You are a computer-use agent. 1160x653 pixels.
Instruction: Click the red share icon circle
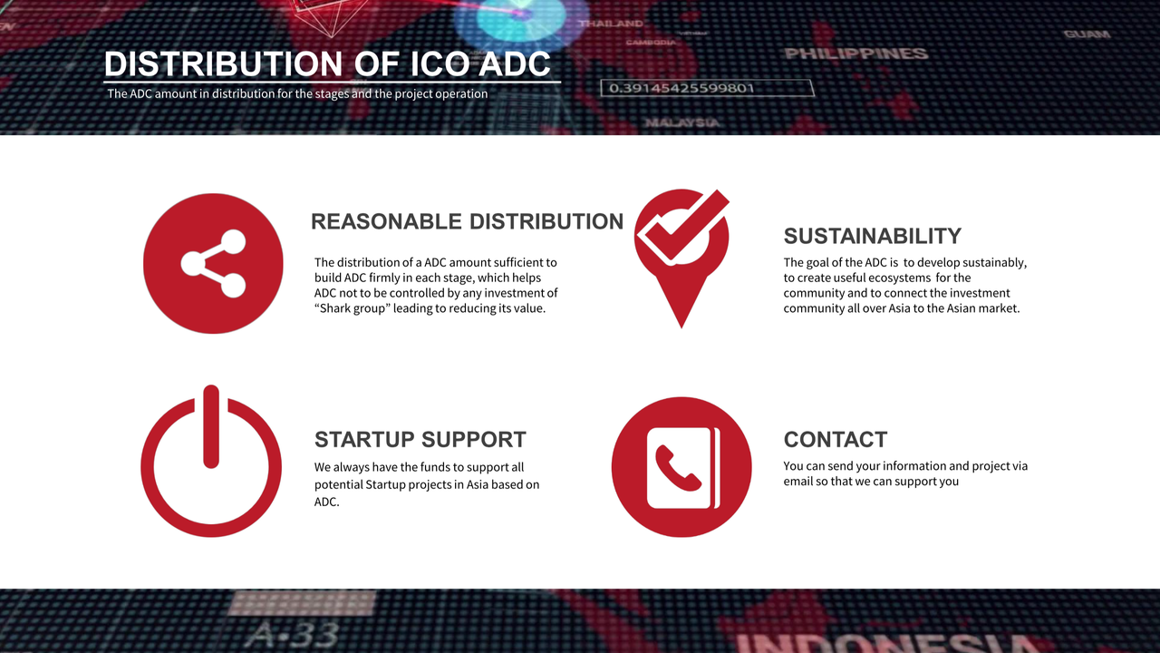[x=213, y=263]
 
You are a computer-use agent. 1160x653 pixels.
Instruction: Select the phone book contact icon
[x=681, y=467]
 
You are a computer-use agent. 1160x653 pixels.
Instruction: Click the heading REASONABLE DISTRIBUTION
[x=467, y=221]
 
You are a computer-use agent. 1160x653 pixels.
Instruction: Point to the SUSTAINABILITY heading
[x=873, y=237]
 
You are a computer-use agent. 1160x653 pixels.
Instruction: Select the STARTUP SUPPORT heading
[x=420, y=440]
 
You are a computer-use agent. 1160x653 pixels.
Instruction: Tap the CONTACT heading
[x=836, y=440]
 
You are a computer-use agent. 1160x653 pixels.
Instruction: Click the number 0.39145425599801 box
[x=708, y=88]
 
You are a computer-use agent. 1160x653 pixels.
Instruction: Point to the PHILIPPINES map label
[x=856, y=54]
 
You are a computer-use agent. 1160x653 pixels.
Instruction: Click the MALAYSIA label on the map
[x=682, y=122]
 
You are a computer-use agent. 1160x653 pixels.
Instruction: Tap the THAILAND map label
[x=611, y=24]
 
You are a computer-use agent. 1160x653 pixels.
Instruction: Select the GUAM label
[x=1087, y=34]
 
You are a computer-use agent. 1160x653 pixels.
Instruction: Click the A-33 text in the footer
[x=293, y=634]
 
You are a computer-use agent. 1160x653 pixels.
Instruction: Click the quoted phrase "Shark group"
[x=353, y=309]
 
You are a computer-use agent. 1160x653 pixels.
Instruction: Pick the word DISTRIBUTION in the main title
[x=223, y=63]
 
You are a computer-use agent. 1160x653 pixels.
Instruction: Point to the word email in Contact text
[x=798, y=481]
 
